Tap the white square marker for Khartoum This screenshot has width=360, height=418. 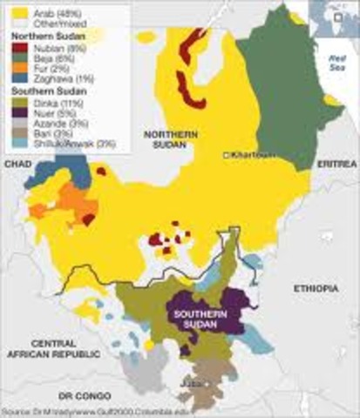[227, 155]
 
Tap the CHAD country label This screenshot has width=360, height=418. [17, 164]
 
